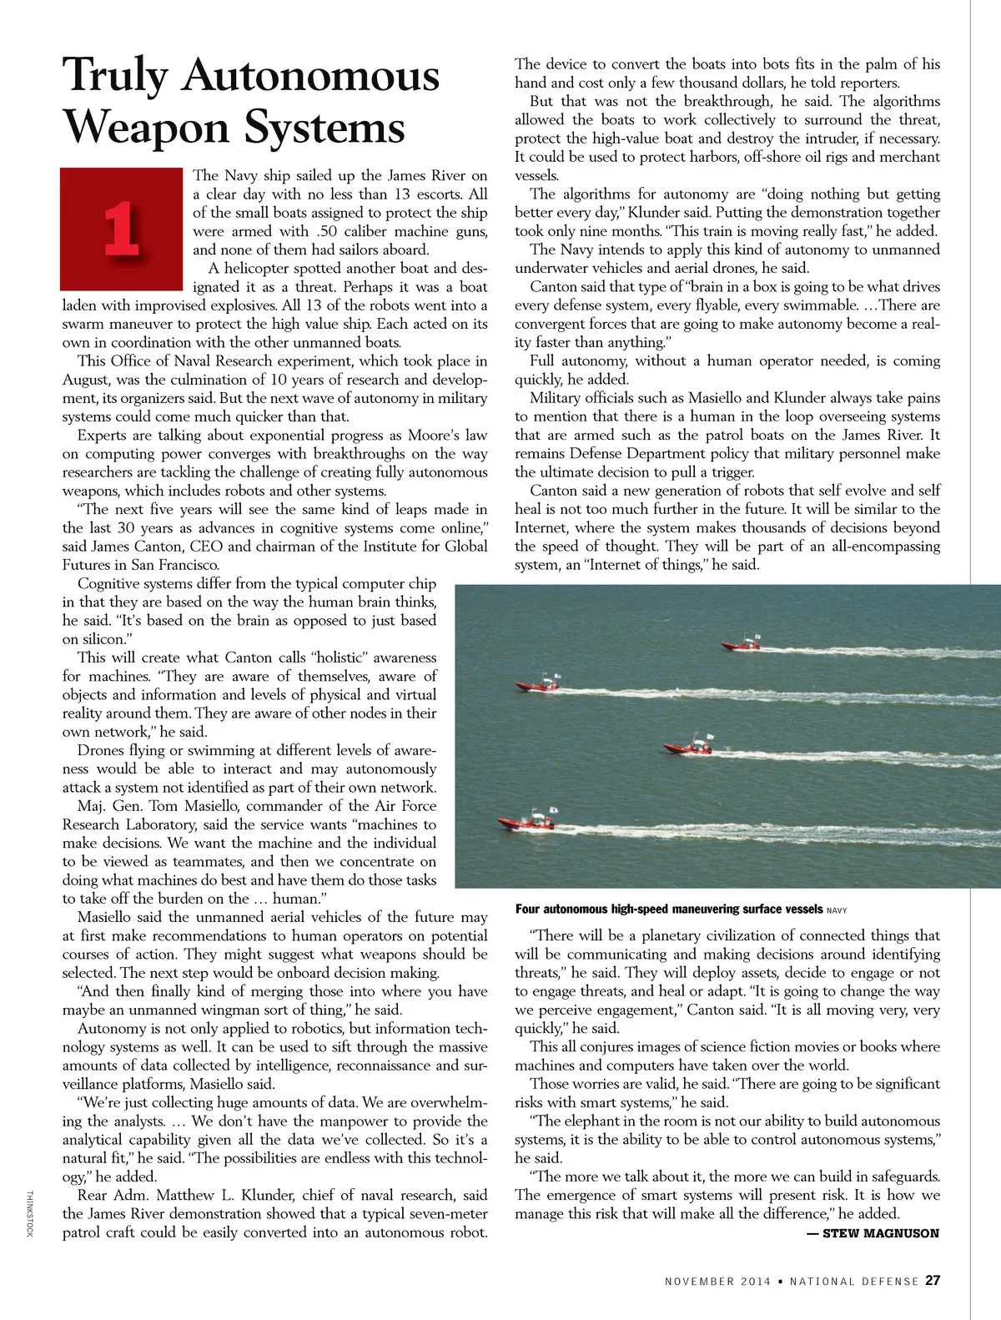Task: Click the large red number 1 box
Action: (x=122, y=228)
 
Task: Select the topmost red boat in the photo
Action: (x=740, y=644)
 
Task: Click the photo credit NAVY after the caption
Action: (x=837, y=910)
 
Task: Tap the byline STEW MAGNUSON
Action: (x=880, y=1233)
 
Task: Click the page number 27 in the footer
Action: (x=933, y=1281)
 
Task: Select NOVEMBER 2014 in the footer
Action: (x=712, y=1282)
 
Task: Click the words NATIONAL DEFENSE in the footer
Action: (x=853, y=1282)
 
